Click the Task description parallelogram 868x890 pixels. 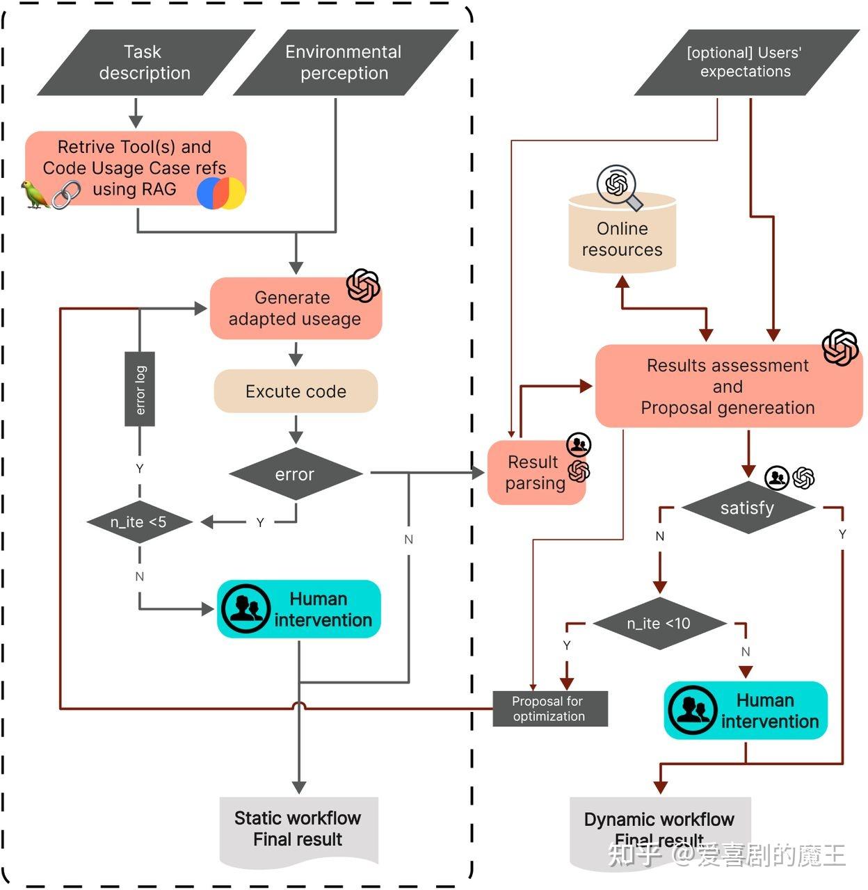point(145,63)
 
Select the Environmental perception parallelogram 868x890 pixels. point(344,63)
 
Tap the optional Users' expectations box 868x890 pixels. point(746,63)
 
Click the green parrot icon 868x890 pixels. point(35,195)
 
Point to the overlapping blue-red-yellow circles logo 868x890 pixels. point(221,193)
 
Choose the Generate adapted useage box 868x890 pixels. point(295,309)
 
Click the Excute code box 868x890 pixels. point(296,391)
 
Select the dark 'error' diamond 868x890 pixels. point(296,474)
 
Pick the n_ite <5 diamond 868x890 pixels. point(139,522)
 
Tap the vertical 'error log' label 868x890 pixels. point(140,389)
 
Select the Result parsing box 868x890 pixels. point(534,473)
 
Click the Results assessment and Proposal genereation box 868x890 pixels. point(728,387)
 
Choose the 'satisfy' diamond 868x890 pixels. point(748,508)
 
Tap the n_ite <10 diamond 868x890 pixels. point(659,624)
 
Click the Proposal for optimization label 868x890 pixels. point(549,709)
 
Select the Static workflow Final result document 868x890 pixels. point(298,830)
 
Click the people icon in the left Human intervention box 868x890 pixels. point(246,609)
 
